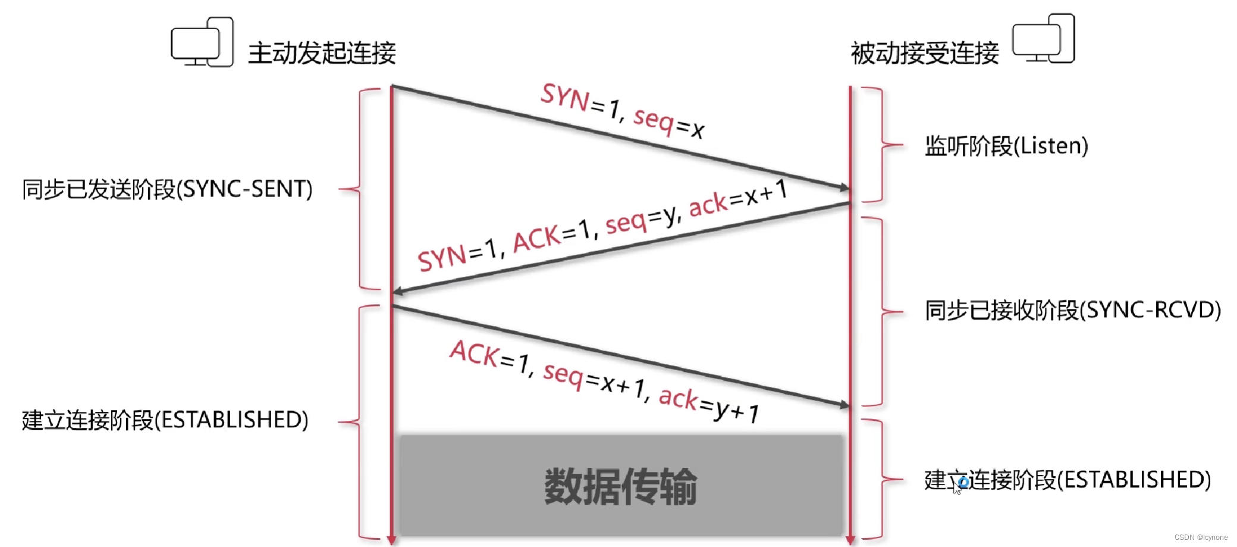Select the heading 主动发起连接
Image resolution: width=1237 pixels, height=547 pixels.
coord(322,53)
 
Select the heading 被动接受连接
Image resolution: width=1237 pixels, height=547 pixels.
coord(924,53)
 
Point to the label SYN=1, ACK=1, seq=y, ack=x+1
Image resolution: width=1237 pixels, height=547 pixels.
coord(602,226)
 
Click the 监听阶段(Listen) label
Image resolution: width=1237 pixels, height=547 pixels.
coord(1006,146)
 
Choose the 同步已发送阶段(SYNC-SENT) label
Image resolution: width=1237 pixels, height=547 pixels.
coord(167,189)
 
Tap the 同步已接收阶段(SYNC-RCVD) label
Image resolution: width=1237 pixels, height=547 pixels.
coord(1072,310)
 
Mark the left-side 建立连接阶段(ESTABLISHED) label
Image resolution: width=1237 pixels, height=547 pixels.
coord(165,420)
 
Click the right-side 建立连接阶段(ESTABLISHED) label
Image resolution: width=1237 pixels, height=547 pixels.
coord(1068,480)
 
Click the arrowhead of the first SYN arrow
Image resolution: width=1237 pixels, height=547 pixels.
coord(844,188)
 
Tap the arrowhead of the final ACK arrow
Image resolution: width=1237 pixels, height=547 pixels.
coord(844,405)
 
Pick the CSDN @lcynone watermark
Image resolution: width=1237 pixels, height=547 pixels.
coord(1201,537)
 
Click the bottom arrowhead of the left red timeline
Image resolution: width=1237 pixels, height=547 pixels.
coord(391,540)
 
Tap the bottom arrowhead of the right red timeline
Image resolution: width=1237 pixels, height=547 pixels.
coord(850,540)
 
